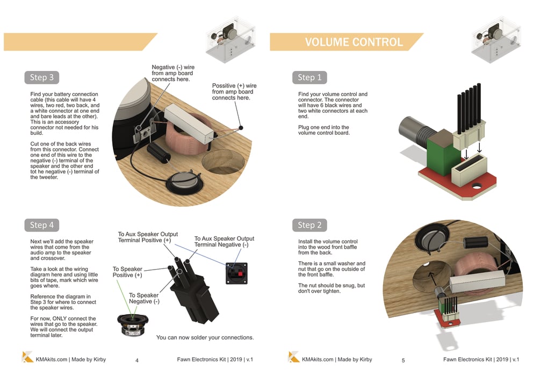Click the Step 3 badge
coord(42,77)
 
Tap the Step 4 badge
coord(42,225)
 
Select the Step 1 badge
coord(309,77)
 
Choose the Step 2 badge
coord(309,225)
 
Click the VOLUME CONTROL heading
coord(354,42)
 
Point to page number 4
coord(137,360)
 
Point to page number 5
coord(404,360)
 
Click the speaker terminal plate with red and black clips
coord(236,273)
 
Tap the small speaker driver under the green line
coord(133,325)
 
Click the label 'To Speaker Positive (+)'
coord(127,272)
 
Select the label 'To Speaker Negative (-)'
coord(144,298)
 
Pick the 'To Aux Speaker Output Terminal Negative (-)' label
coord(224,242)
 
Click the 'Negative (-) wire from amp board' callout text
coord(173,73)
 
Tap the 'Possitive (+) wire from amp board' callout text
coord(234,91)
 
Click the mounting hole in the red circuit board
coord(476,186)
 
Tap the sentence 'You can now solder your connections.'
coord(205,338)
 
